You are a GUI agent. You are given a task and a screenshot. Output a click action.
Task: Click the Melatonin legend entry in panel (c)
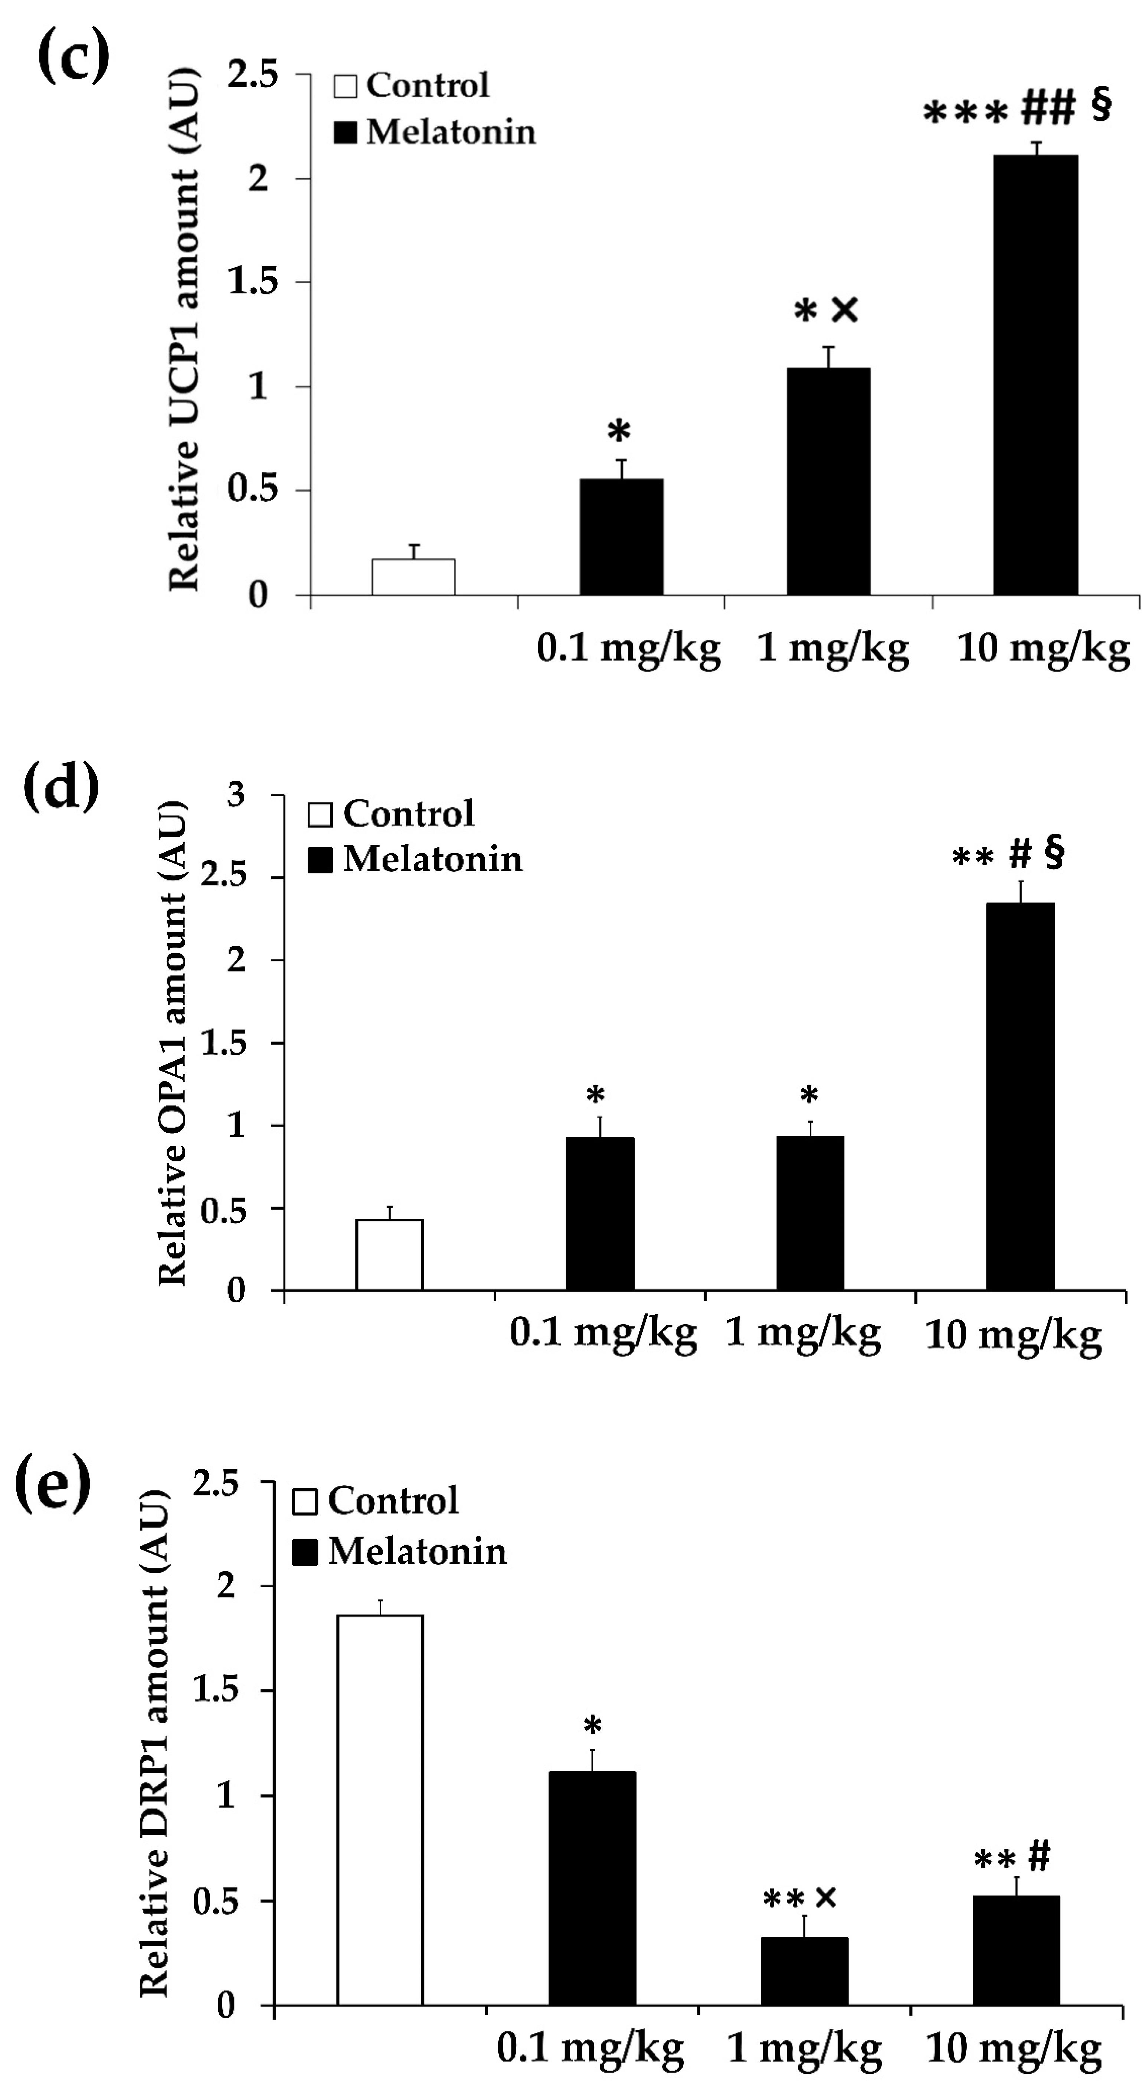435,132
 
